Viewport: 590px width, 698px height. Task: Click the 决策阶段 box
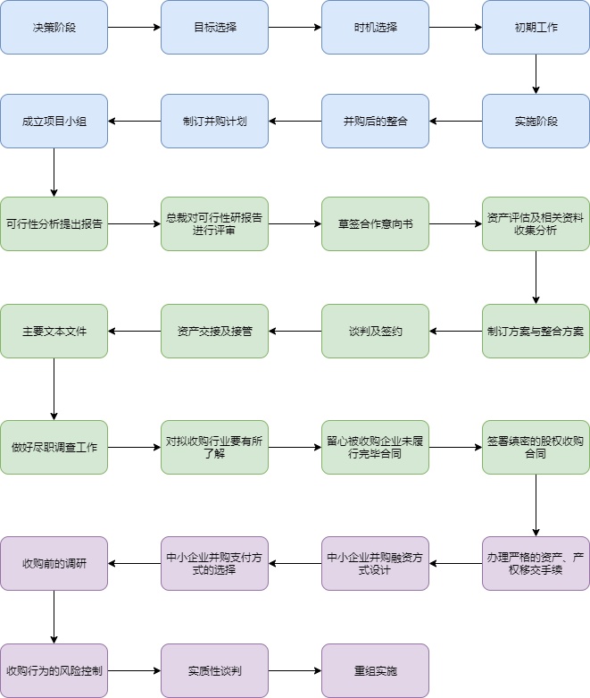pos(54,27)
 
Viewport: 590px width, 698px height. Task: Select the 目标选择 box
pos(214,27)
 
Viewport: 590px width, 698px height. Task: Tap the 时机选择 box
pos(375,27)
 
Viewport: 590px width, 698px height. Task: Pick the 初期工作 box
pos(536,27)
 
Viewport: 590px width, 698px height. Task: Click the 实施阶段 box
pos(536,121)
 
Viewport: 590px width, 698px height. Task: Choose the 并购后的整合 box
pos(375,121)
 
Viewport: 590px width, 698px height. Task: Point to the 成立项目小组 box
pos(54,121)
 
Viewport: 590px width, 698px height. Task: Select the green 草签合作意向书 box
pos(375,223)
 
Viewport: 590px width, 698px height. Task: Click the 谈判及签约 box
pos(375,331)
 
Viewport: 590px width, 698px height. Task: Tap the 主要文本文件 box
pos(54,331)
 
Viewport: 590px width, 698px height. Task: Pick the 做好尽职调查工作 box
pos(54,447)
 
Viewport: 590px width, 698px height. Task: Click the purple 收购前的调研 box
pos(54,563)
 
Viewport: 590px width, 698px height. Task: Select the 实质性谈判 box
pos(214,670)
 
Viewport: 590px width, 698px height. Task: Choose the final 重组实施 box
pos(375,670)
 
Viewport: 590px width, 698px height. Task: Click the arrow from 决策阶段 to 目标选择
pos(134,27)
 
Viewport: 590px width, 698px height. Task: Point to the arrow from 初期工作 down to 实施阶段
pos(536,74)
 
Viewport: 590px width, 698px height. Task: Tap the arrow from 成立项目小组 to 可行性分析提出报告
pos(54,172)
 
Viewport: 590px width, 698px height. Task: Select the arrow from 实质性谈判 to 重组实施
pos(295,670)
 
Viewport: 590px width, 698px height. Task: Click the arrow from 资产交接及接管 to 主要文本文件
pos(134,331)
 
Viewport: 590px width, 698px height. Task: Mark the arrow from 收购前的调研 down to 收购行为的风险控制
pos(54,617)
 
